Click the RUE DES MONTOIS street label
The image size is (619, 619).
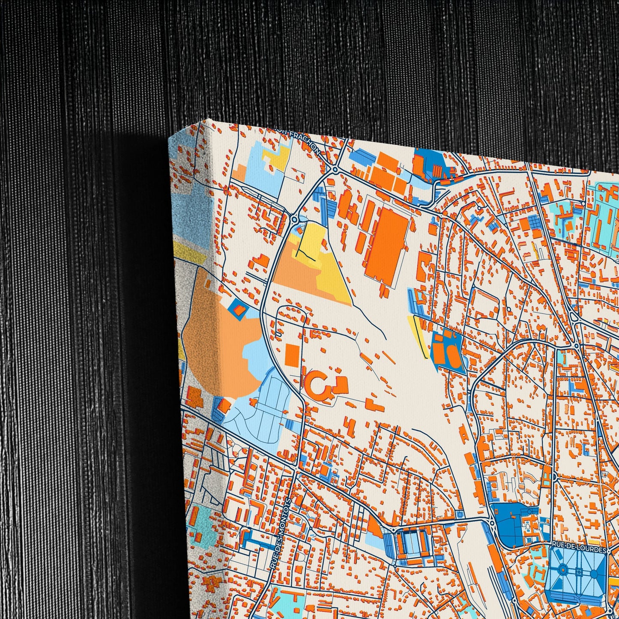(281, 533)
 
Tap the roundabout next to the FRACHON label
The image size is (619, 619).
(335, 170)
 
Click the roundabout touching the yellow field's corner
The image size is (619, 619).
(294, 220)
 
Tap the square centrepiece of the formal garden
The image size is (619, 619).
(579, 571)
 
